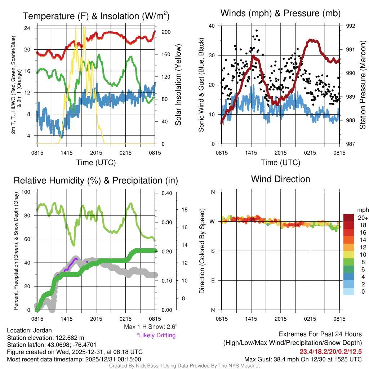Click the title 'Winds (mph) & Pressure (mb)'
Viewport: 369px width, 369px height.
[x=280, y=13]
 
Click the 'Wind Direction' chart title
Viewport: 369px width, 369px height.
[x=280, y=179]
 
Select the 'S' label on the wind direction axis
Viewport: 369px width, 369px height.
[x=213, y=251]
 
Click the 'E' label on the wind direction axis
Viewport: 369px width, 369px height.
[x=213, y=280]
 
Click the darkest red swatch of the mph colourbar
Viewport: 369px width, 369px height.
[x=348, y=218]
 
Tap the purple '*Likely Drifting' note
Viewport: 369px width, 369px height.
[x=156, y=335]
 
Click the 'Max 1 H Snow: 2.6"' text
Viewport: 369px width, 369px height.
[x=151, y=327]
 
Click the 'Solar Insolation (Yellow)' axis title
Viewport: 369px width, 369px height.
[x=178, y=85]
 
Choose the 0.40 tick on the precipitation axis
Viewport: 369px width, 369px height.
[x=166, y=193]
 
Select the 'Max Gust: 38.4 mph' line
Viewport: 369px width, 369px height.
[x=303, y=359]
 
